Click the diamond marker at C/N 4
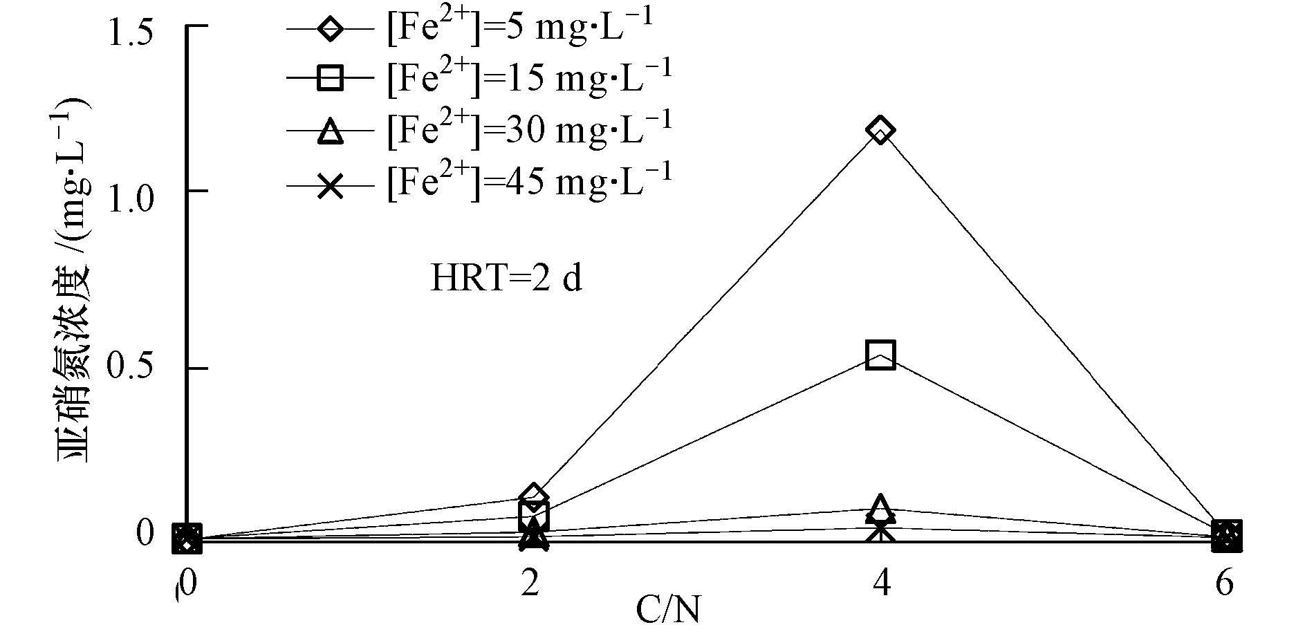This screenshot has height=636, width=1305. (880, 130)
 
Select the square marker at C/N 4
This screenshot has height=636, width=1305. (880, 355)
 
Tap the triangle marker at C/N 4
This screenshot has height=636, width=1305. (880, 509)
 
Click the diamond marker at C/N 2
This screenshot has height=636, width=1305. (533, 496)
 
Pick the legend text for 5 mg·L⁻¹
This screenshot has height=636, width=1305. (519, 30)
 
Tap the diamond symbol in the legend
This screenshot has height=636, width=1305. (331, 30)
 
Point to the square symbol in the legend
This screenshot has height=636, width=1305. (331, 78)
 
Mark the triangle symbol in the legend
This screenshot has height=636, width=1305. (331, 130)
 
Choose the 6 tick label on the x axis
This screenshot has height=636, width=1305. (1224, 585)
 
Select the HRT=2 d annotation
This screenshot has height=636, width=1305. (506, 279)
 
